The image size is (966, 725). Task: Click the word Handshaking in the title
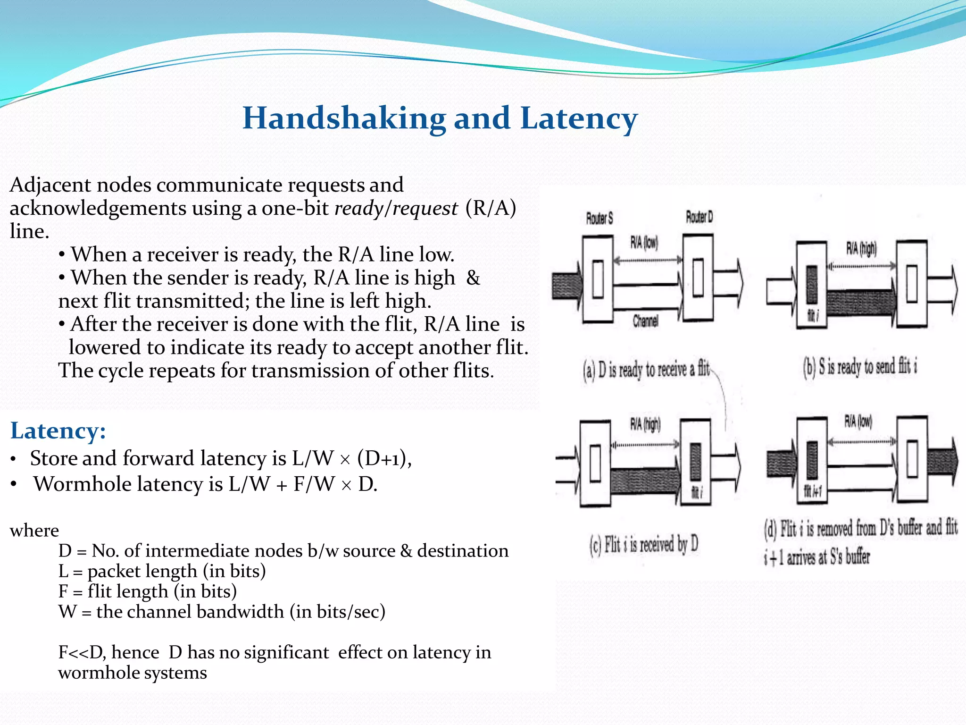tap(344, 118)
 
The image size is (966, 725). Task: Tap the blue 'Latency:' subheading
tap(58, 430)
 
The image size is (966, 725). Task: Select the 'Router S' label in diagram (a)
tap(600, 219)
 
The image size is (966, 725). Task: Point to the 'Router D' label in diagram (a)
tap(699, 217)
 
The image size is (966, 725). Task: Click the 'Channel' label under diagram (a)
tap(645, 321)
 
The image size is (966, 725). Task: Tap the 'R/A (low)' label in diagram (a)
tap(644, 243)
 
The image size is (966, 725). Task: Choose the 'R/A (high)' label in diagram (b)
tap(861, 248)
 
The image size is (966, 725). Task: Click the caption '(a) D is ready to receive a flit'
tap(646, 370)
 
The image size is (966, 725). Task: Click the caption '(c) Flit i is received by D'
tap(644, 545)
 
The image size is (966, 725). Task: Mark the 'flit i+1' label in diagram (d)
tap(813, 492)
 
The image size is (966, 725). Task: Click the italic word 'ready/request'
tap(396, 208)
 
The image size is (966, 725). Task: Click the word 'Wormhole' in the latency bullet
tap(77, 484)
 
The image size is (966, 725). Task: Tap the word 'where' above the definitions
tap(34, 531)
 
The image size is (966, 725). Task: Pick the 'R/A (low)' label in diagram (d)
tap(858, 422)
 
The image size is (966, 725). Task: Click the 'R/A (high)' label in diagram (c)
tap(645, 424)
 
